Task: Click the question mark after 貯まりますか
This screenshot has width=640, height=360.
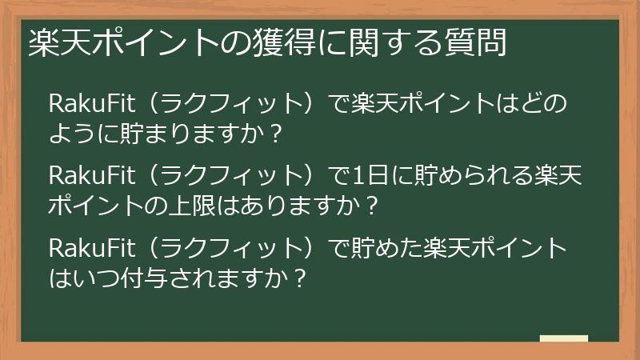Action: [275, 134]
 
